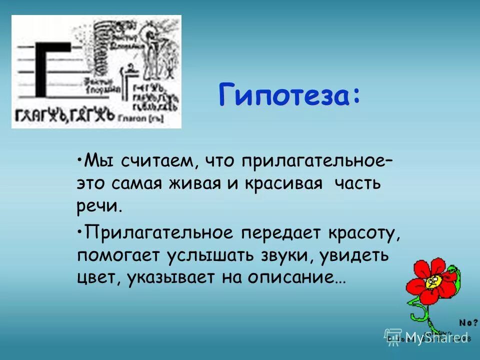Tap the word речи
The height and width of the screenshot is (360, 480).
click(99, 206)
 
